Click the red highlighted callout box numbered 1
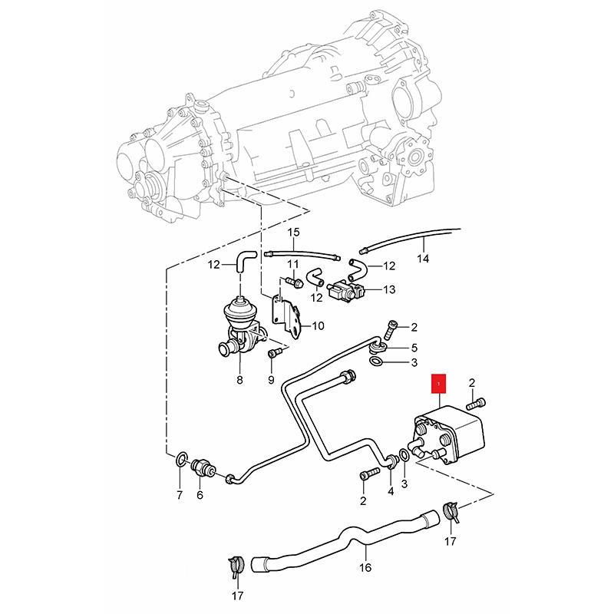click(438, 384)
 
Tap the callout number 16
click(365, 567)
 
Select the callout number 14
click(423, 259)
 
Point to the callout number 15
click(293, 233)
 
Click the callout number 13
click(389, 290)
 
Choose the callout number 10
click(318, 325)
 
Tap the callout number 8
click(239, 379)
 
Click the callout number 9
click(271, 379)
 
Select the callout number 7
click(180, 495)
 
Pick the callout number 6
click(200, 495)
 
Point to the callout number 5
click(414, 348)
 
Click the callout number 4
click(391, 491)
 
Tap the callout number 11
click(293, 264)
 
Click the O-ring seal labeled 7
click(181, 459)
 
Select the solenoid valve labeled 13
click(346, 290)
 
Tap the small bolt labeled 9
click(273, 353)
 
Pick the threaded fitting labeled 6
click(203, 467)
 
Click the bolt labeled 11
click(293, 282)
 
